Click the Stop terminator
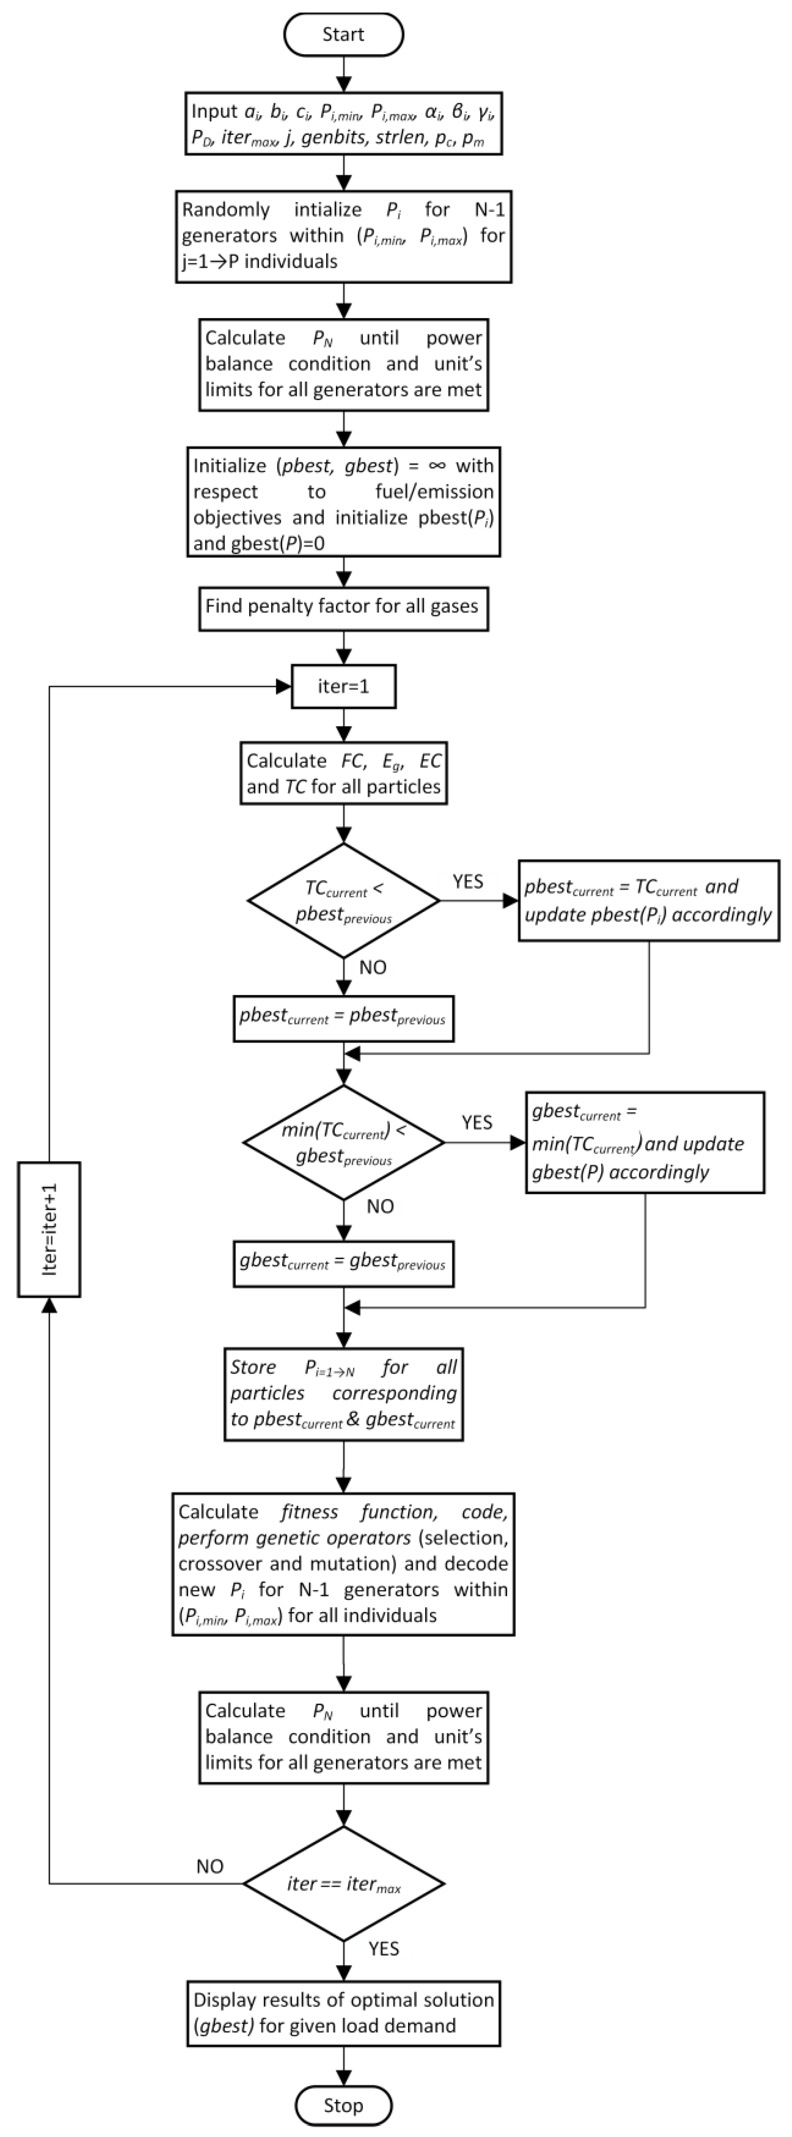(343, 2106)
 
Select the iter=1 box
(343, 686)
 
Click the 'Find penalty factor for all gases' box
(343, 606)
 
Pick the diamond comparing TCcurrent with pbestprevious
(343, 901)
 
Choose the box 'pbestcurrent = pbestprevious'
(343, 1018)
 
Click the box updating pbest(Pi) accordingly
(649, 900)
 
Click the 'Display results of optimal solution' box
(343, 2012)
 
